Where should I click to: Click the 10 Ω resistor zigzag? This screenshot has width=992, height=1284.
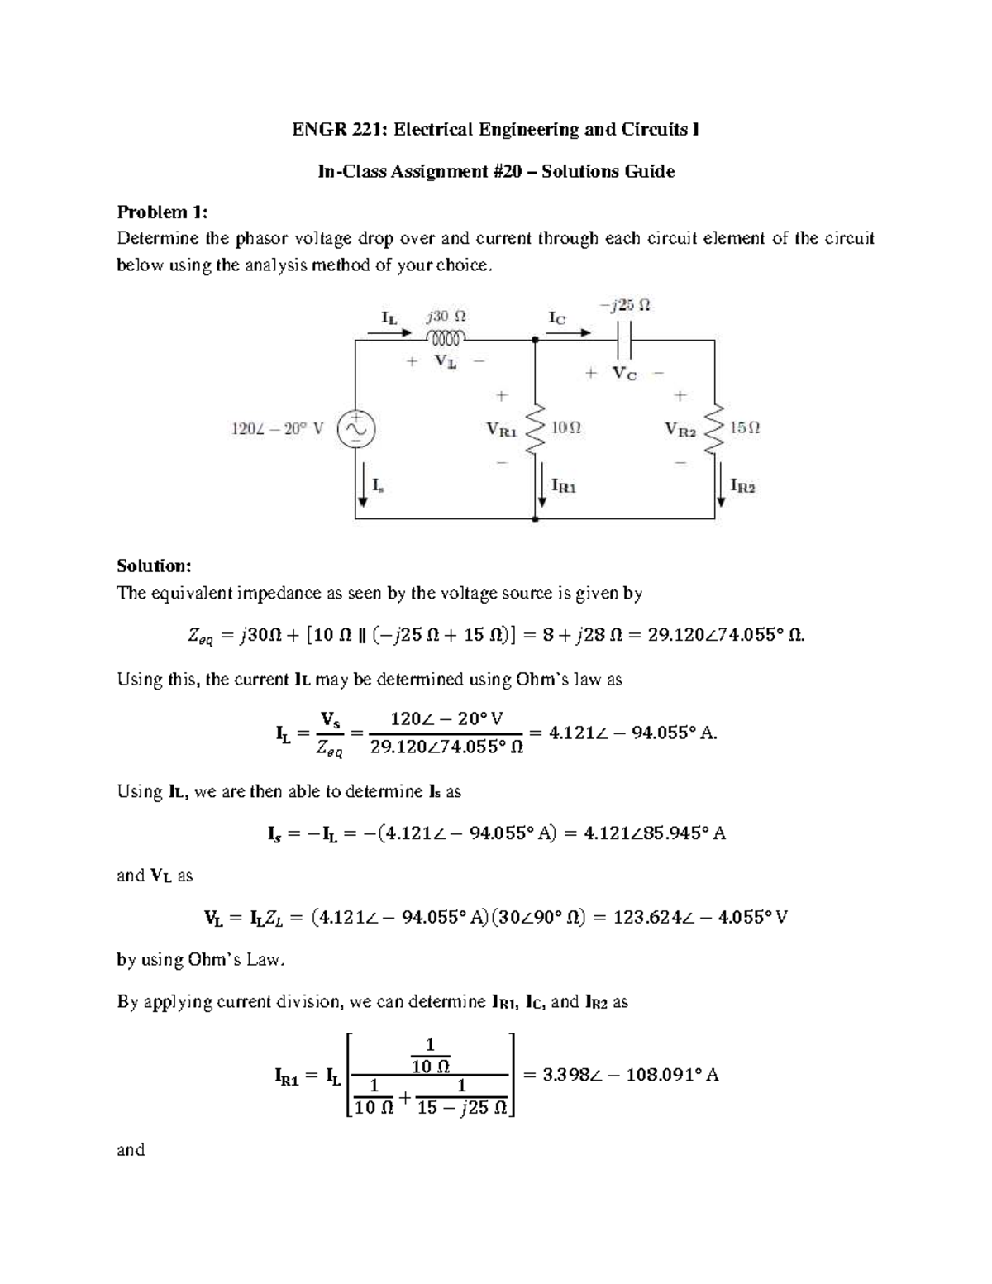pos(536,429)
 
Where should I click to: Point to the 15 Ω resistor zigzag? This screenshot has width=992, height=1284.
pos(715,429)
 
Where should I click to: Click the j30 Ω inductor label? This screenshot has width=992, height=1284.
pos(446,316)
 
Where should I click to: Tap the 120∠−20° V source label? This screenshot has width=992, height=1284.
pos(276,429)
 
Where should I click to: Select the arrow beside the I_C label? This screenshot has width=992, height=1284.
pos(575,333)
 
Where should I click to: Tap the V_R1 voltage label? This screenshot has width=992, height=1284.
pos(502,430)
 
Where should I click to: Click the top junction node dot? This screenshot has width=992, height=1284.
pos(536,339)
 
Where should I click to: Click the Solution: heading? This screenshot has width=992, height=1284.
pos(154,566)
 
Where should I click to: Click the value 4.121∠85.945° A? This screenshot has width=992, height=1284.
pos(655,833)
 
